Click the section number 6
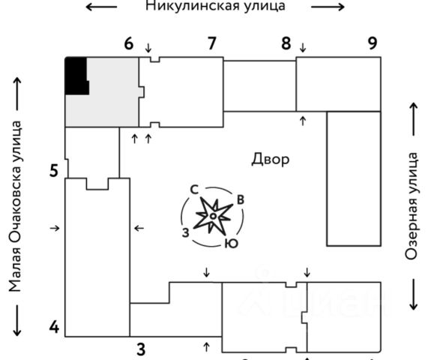point(129,44)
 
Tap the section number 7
point(211,43)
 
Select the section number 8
point(286,43)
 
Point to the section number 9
point(373,43)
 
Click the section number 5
point(54,171)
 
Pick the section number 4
point(54,327)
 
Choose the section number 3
point(141,349)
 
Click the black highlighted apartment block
point(76,76)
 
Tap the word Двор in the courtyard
point(270,159)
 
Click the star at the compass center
point(212,216)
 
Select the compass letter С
point(194,190)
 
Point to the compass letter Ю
point(232,244)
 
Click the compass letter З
point(186,232)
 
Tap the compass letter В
point(241,199)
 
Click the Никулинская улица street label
point(215,6)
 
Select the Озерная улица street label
point(412,206)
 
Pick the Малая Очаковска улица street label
point(15,206)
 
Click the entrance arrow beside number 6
point(148,48)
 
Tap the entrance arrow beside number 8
point(303,47)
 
